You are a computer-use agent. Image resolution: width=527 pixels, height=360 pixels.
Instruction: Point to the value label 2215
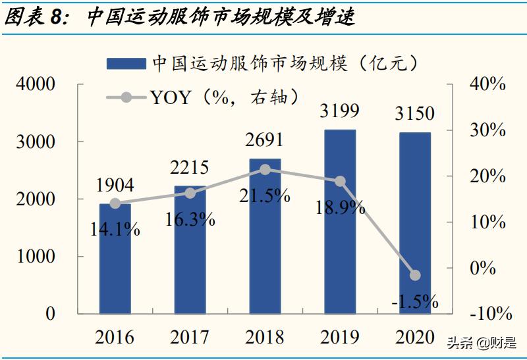[190, 168]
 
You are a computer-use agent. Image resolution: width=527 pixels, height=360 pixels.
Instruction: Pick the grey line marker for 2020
[414, 275]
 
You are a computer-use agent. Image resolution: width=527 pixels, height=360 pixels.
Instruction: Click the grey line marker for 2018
[265, 169]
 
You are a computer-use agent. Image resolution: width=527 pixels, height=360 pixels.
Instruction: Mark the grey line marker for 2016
[115, 203]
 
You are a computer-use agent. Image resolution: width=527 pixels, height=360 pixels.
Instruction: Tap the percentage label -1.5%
[414, 301]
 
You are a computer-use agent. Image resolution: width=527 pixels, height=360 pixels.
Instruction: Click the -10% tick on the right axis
[485, 314]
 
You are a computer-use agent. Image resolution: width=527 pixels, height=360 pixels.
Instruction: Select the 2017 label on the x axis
[190, 338]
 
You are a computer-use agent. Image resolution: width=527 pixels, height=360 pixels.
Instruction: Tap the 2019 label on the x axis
[340, 338]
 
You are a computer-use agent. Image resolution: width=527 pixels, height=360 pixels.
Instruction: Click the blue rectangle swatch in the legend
[126, 63]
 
